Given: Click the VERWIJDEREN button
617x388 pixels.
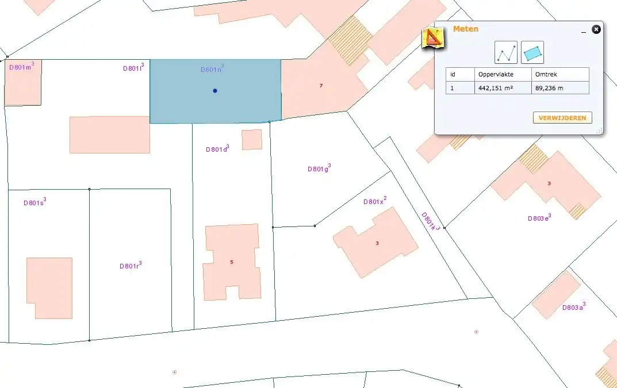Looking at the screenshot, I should [562, 118].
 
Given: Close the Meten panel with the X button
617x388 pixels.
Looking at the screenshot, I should [596, 29].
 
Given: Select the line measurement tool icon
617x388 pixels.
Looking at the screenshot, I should [506, 52].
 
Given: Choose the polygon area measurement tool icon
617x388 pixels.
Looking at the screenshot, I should [532, 52].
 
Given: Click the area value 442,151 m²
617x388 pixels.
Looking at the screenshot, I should [496, 88].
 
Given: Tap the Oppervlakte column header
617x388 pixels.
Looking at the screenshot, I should [496, 74].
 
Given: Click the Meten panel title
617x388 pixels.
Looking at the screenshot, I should [465, 29].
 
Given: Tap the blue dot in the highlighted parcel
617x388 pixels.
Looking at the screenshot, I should [215, 91].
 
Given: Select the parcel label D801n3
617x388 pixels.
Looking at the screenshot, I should [212, 70].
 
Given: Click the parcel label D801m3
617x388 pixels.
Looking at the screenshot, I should [22, 66].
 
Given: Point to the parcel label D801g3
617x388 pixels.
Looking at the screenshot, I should [319, 168].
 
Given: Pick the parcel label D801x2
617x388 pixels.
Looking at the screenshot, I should [375, 201].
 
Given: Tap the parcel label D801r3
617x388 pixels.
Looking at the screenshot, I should [131, 266].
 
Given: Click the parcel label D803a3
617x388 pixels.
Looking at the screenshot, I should [574, 307].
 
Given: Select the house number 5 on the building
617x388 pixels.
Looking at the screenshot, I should [232, 262].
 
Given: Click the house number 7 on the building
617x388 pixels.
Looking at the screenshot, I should [321, 86].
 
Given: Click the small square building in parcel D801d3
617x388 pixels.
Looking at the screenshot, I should [252, 140].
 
